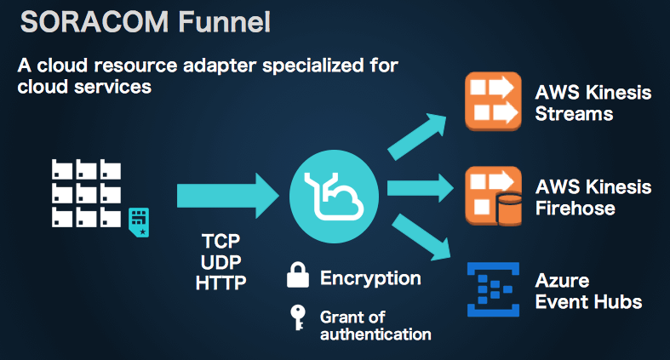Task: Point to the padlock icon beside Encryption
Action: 297,276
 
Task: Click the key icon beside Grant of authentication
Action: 297,317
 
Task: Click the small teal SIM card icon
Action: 138,221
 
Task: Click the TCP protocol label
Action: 220,242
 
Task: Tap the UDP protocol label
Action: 220,261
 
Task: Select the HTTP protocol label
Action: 220,282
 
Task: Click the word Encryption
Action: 370,277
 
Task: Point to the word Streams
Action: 574,113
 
